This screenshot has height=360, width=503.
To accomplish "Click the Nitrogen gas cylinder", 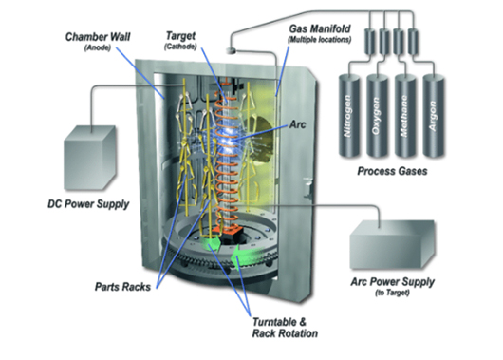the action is point(349,116).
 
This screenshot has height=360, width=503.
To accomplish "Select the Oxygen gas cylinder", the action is point(377,116).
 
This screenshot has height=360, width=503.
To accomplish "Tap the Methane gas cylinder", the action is point(405,116).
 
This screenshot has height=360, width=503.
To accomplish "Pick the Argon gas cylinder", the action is point(434,116).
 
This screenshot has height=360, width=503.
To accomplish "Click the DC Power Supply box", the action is point(89,158).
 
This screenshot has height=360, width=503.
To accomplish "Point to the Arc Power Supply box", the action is point(392,244).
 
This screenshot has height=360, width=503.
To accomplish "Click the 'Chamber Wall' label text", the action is point(98,37).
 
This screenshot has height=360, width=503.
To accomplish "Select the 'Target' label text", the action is point(180,36).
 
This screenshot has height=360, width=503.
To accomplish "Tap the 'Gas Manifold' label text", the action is point(320,28).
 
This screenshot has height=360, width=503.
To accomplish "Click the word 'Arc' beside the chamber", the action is point(297,124).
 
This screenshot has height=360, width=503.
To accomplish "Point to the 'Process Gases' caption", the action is point(392,171).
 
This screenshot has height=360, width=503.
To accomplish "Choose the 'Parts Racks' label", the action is point(122,287).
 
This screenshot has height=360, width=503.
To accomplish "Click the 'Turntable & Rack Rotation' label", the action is point(285,328).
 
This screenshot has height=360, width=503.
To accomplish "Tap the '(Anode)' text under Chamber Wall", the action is point(98,48).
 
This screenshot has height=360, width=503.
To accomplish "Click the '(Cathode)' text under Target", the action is point(180,47).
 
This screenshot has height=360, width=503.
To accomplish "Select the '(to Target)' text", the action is point(392,293).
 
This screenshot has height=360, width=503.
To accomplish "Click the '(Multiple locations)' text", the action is point(320,40).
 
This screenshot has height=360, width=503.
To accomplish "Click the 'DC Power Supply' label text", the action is point(88,204).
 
